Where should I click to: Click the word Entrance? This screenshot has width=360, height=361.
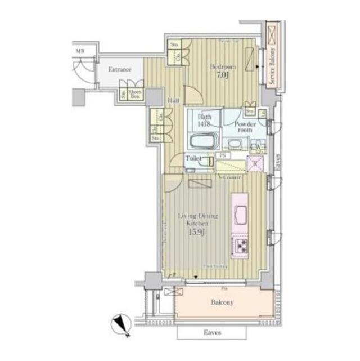[119, 70]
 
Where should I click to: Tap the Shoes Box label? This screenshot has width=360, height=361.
[134, 95]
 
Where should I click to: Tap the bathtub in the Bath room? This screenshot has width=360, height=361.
[201, 140]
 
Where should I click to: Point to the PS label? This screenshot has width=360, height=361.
[223, 155]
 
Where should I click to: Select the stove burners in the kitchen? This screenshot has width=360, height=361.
[241, 246]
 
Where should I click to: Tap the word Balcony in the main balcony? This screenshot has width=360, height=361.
[223, 302]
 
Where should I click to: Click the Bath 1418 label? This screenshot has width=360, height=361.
[204, 121]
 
